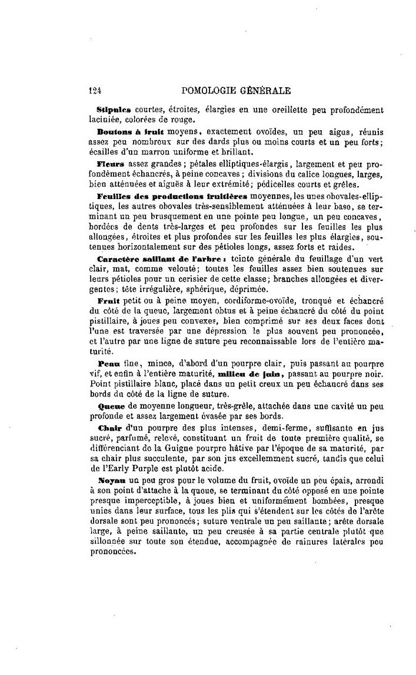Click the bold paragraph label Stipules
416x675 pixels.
113,110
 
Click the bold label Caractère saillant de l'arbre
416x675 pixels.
154,259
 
